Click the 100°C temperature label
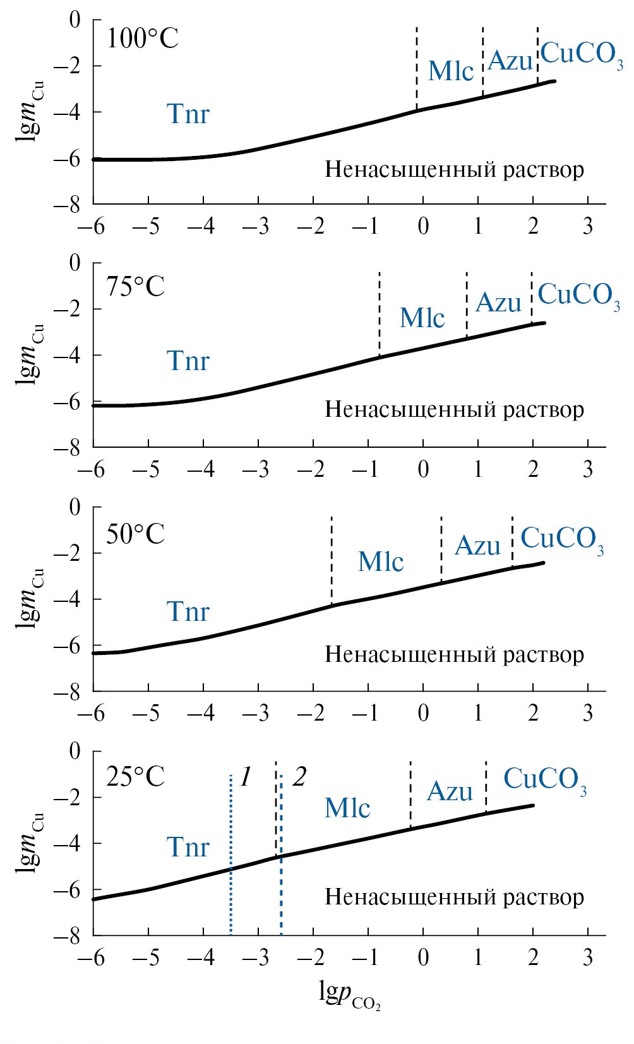click(143, 39)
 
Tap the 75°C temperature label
click(135, 287)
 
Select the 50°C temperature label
click(135, 534)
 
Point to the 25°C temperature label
click(135, 777)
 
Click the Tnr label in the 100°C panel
click(188, 114)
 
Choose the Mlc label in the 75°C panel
click(422, 318)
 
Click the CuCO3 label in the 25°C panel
click(545, 780)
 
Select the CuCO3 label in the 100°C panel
click(582, 55)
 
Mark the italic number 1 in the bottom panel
click(246, 777)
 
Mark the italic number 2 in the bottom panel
click(299, 777)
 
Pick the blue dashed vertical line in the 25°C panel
click(281, 897)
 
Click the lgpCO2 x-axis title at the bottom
click(349, 996)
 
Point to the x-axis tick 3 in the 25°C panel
click(587, 958)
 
